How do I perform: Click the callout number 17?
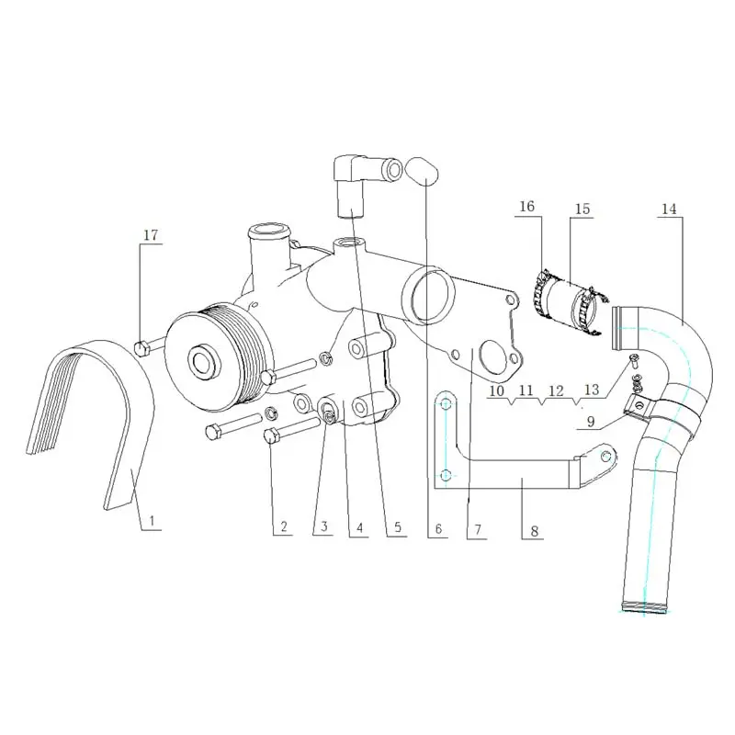tap(151, 236)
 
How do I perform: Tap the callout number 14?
tap(669, 209)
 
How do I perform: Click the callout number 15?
tap(582, 209)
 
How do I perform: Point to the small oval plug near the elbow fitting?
tap(424, 171)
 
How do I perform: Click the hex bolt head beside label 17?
tap(142, 348)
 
